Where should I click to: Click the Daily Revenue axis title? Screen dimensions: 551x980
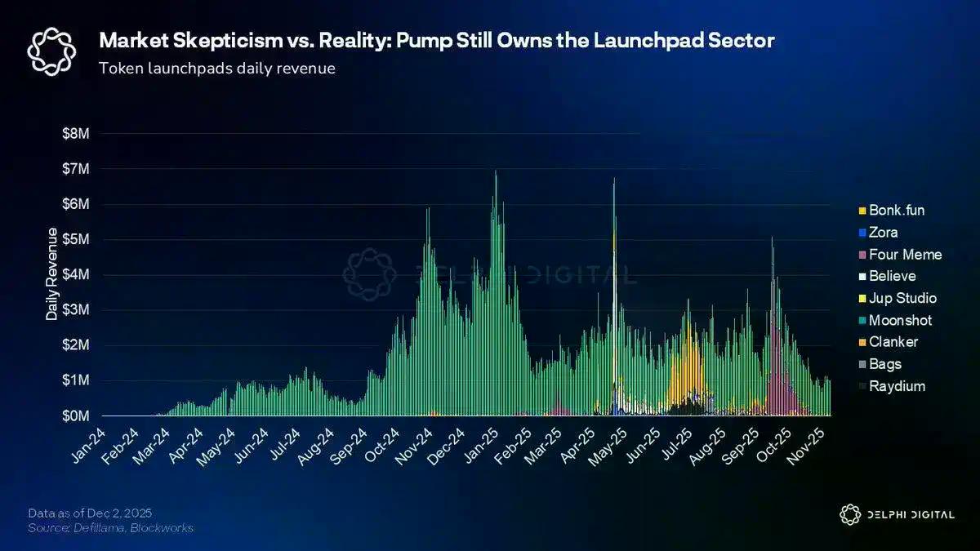click(51, 274)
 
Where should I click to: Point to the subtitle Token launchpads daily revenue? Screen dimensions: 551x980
click(216, 69)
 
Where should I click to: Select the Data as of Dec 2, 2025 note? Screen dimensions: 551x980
click(89, 513)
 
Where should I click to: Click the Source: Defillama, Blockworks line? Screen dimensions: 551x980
click(110, 528)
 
